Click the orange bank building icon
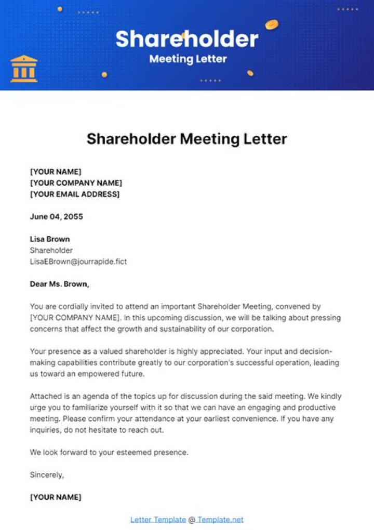pos(24,69)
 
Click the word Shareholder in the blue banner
pos(186,39)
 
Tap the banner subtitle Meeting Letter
pos(188,59)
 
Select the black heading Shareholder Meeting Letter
pos(186,139)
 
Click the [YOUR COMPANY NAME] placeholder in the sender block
pos(76,183)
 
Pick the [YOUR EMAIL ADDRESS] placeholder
pos(75,194)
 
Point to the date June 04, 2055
pos(57,216)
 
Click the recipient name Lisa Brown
pos(50,239)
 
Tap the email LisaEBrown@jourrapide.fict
pos(78,262)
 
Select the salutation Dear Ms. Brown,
pos(60,284)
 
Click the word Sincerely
pos(47,474)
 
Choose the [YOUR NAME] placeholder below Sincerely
pos(56,497)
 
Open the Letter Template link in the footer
pos(158,519)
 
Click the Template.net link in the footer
pos(220,519)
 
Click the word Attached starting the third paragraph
pos(46,396)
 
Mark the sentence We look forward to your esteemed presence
pos(109,452)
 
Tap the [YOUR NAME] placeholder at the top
pos(56,172)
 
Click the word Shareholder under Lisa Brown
pos(51,250)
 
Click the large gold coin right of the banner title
pos(271,24)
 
